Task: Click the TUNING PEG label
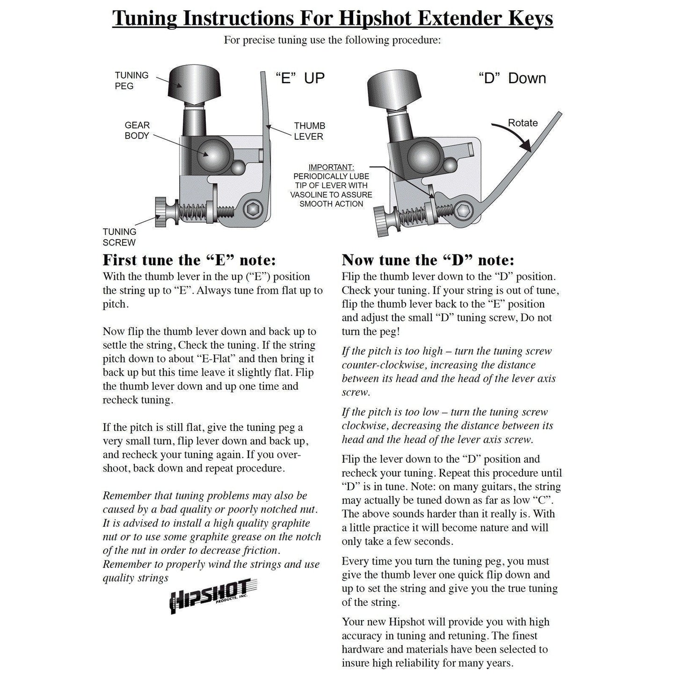(x=131, y=80)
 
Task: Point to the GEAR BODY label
(x=137, y=131)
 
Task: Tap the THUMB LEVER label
(x=309, y=131)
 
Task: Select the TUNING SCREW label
(x=119, y=237)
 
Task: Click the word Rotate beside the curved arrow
(x=523, y=123)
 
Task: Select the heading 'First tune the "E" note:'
(x=189, y=260)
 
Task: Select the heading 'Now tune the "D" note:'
(x=428, y=260)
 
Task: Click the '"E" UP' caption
(x=299, y=78)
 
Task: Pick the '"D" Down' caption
(x=512, y=78)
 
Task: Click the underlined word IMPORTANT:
(x=331, y=167)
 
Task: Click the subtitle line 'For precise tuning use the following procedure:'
(x=332, y=40)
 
